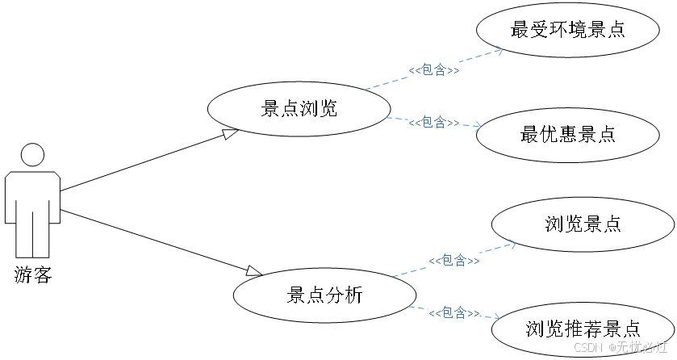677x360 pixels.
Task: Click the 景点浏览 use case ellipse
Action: (x=299, y=109)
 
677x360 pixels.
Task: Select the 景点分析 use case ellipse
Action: (x=324, y=295)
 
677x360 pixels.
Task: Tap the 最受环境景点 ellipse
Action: (x=568, y=30)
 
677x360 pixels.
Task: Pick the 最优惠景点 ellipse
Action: (x=568, y=134)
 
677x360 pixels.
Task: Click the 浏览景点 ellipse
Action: (x=583, y=224)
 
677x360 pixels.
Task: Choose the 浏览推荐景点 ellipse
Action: (x=583, y=329)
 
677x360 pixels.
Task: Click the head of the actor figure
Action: (x=32, y=157)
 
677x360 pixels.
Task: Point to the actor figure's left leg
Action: (x=24, y=234)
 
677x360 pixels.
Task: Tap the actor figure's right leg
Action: (x=42, y=234)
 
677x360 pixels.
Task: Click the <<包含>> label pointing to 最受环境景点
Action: (x=434, y=70)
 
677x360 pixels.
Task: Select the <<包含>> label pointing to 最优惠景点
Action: (x=434, y=123)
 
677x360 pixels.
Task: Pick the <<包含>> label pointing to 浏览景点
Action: (x=454, y=261)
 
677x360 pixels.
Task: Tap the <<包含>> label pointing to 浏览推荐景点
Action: (x=454, y=312)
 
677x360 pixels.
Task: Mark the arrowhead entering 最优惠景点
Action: (x=477, y=127)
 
